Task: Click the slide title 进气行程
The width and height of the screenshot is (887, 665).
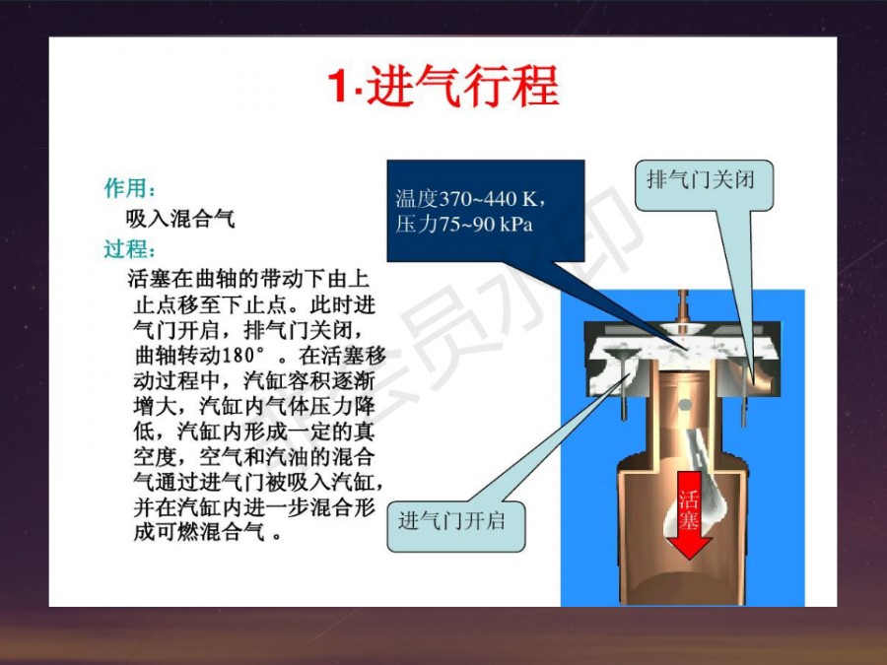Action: [463, 86]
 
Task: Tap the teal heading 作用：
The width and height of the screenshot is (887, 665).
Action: [130, 188]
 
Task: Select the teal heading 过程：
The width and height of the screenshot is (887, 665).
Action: [130, 249]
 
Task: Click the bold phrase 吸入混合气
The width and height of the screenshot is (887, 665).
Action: [180, 219]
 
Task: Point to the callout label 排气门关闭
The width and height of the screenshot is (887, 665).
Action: [701, 180]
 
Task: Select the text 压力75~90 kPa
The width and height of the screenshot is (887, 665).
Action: [464, 225]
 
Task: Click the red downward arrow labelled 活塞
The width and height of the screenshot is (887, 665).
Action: [689, 514]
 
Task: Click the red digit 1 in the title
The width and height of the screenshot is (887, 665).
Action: [338, 86]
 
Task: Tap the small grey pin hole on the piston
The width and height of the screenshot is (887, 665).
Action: [685, 405]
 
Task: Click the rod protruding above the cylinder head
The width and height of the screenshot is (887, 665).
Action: [683, 305]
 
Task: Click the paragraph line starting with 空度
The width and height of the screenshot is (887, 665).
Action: [254, 456]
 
